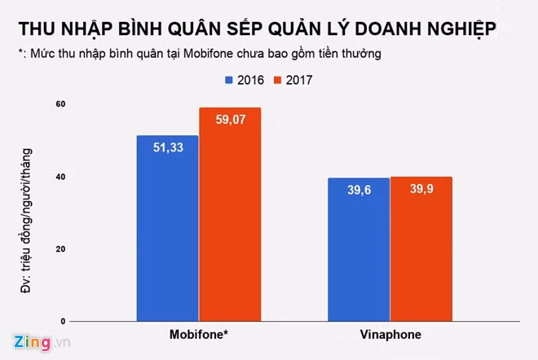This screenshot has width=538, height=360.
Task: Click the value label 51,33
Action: tap(168, 147)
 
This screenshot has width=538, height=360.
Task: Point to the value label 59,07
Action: tap(230, 120)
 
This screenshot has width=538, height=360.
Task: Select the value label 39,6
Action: tap(358, 190)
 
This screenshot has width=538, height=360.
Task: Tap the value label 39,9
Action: tap(421, 189)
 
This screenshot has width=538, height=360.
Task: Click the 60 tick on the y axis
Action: tap(60, 104)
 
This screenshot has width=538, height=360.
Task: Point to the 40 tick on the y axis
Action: tap(60, 177)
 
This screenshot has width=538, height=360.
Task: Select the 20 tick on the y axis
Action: tap(60, 249)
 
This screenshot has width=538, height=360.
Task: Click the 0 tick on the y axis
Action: tap(63, 322)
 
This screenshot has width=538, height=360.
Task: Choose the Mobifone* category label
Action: tap(199, 336)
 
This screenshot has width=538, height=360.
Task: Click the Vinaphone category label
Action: tap(390, 336)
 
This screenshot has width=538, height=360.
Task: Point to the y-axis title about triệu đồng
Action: tap(27, 211)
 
